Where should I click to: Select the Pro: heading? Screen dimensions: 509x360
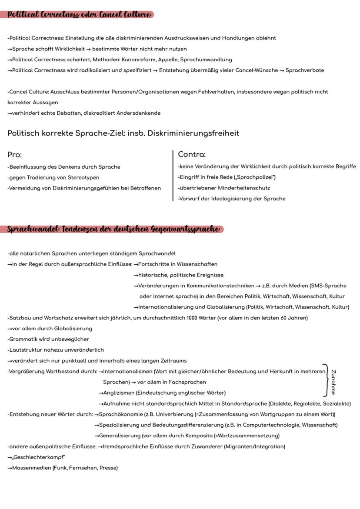15,155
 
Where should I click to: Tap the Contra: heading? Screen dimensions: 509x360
192,154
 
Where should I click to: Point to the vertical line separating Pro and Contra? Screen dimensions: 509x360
173,176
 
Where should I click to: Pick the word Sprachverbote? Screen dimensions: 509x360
305,70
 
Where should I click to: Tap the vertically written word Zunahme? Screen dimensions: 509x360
333,382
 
